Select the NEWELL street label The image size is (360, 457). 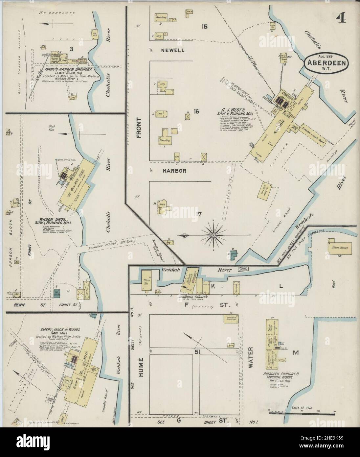pyautogui.click(x=172, y=51)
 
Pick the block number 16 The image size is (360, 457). pyautogui.click(x=196, y=112)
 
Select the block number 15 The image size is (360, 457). pyautogui.click(x=204, y=27)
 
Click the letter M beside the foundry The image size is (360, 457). pyautogui.click(x=296, y=353)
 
